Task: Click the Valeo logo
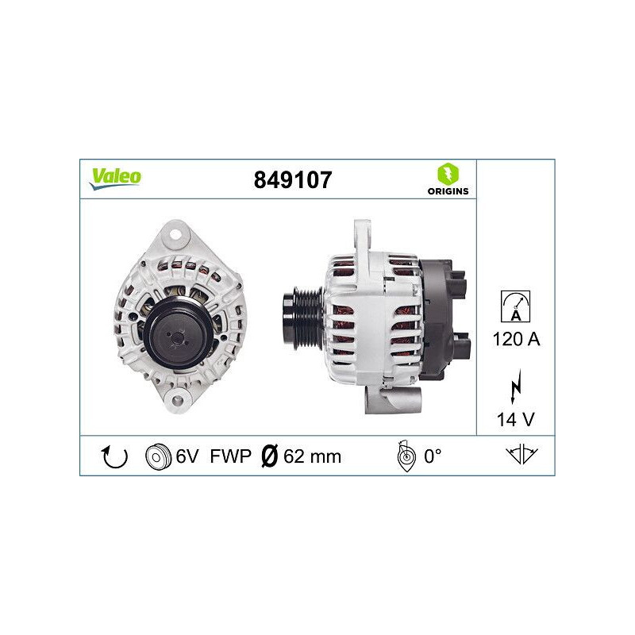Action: click(114, 178)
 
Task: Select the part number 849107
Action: click(292, 180)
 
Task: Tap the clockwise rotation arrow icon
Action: click(115, 456)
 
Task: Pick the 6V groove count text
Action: click(187, 456)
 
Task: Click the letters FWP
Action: click(230, 456)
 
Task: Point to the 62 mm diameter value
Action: click(313, 456)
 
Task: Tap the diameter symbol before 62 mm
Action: click(270, 456)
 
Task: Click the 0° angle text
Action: click(432, 456)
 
